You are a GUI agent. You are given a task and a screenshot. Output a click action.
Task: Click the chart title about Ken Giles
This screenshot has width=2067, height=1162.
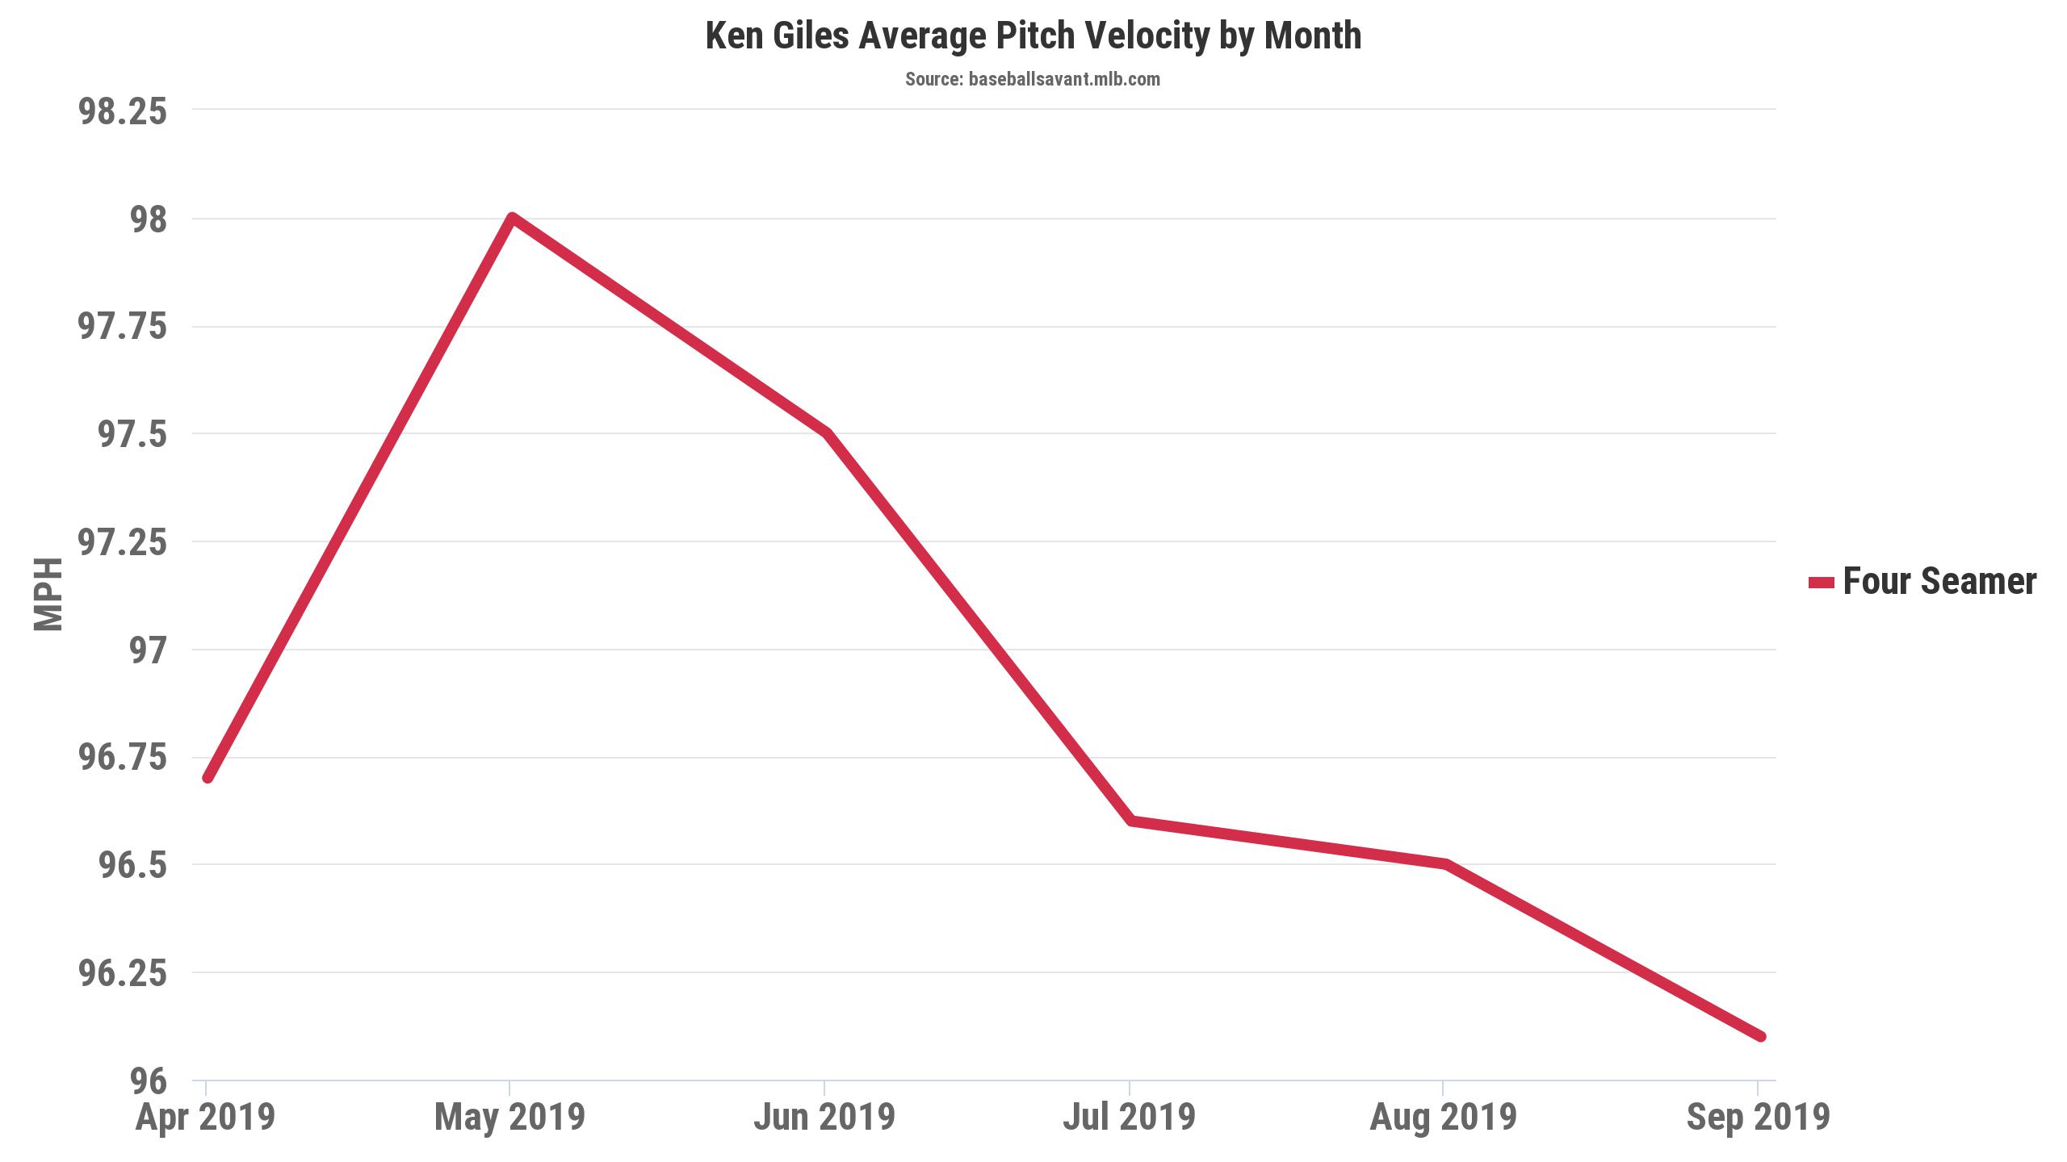tap(1033, 36)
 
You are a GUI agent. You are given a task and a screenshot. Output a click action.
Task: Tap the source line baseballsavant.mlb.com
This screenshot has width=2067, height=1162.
tap(1033, 79)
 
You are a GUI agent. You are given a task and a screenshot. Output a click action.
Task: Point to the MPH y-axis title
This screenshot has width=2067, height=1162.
tap(48, 594)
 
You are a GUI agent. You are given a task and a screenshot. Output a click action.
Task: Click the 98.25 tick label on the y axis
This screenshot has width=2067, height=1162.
tap(122, 111)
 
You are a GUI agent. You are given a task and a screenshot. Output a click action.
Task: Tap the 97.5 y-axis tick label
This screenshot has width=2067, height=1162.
tap(132, 435)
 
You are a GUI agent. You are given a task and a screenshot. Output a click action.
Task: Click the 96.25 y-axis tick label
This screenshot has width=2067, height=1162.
tap(122, 974)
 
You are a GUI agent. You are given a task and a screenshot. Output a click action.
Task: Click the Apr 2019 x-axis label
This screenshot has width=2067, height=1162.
tap(205, 1118)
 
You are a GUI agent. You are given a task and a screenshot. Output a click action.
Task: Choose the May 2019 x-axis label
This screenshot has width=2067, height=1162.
tap(509, 1118)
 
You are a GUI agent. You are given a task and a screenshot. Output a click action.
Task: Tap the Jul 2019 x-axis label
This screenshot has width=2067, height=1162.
tap(1129, 1118)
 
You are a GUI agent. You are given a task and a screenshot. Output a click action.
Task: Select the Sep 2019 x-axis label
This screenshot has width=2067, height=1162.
tap(1758, 1118)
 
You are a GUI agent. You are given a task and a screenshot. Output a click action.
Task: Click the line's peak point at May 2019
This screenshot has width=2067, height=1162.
tap(512, 218)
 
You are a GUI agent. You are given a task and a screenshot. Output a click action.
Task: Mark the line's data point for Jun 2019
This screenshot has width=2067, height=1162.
tap(825, 433)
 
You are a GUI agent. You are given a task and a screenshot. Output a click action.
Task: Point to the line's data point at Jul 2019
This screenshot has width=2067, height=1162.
tap(1131, 821)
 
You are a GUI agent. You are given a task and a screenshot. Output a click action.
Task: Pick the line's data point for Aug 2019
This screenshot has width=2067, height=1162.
tap(1445, 864)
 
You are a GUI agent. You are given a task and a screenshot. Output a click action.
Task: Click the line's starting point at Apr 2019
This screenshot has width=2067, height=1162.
tap(208, 778)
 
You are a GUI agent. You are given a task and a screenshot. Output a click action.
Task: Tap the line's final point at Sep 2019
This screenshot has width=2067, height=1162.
tap(1761, 1036)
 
